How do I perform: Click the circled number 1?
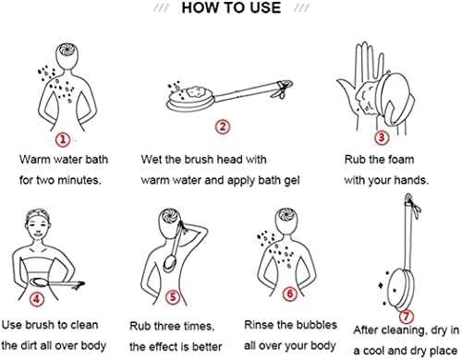[x=63, y=139]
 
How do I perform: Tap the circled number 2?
[x=223, y=126]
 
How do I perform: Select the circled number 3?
[x=382, y=137]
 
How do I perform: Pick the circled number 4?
[x=37, y=298]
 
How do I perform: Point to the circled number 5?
[x=173, y=297]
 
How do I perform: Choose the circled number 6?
[x=290, y=294]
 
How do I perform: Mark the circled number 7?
[x=407, y=316]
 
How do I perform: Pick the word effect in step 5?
[x=169, y=347]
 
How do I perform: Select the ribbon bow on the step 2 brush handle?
[x=283, y=88]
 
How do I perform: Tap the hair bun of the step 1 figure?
[x=67, y=50]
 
